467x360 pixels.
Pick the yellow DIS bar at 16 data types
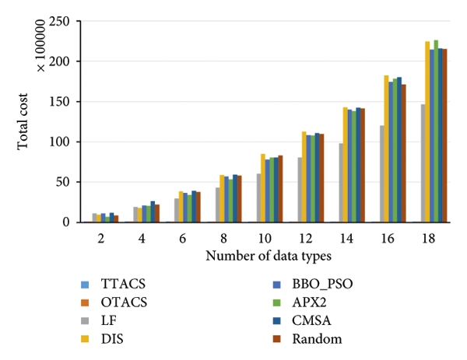(386, 149)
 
